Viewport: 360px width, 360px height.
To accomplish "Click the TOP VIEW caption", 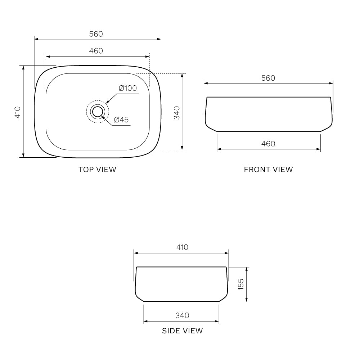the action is [97, 170].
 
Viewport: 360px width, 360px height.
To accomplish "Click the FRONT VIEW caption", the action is [269, 170].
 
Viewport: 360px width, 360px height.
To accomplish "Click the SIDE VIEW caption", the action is [183, 331].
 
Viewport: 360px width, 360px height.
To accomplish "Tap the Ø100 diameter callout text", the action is [128, 88].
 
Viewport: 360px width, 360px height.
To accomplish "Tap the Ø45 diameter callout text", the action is [121, 120].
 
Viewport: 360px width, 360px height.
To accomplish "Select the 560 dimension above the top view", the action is [96, 34].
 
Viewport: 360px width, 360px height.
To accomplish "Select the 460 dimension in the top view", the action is [96, 51].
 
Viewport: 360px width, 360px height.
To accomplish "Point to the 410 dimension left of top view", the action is [18, 112].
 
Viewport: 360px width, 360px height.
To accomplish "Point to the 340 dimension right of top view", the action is [177, 113].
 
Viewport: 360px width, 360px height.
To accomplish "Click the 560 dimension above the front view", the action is [268, 78].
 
